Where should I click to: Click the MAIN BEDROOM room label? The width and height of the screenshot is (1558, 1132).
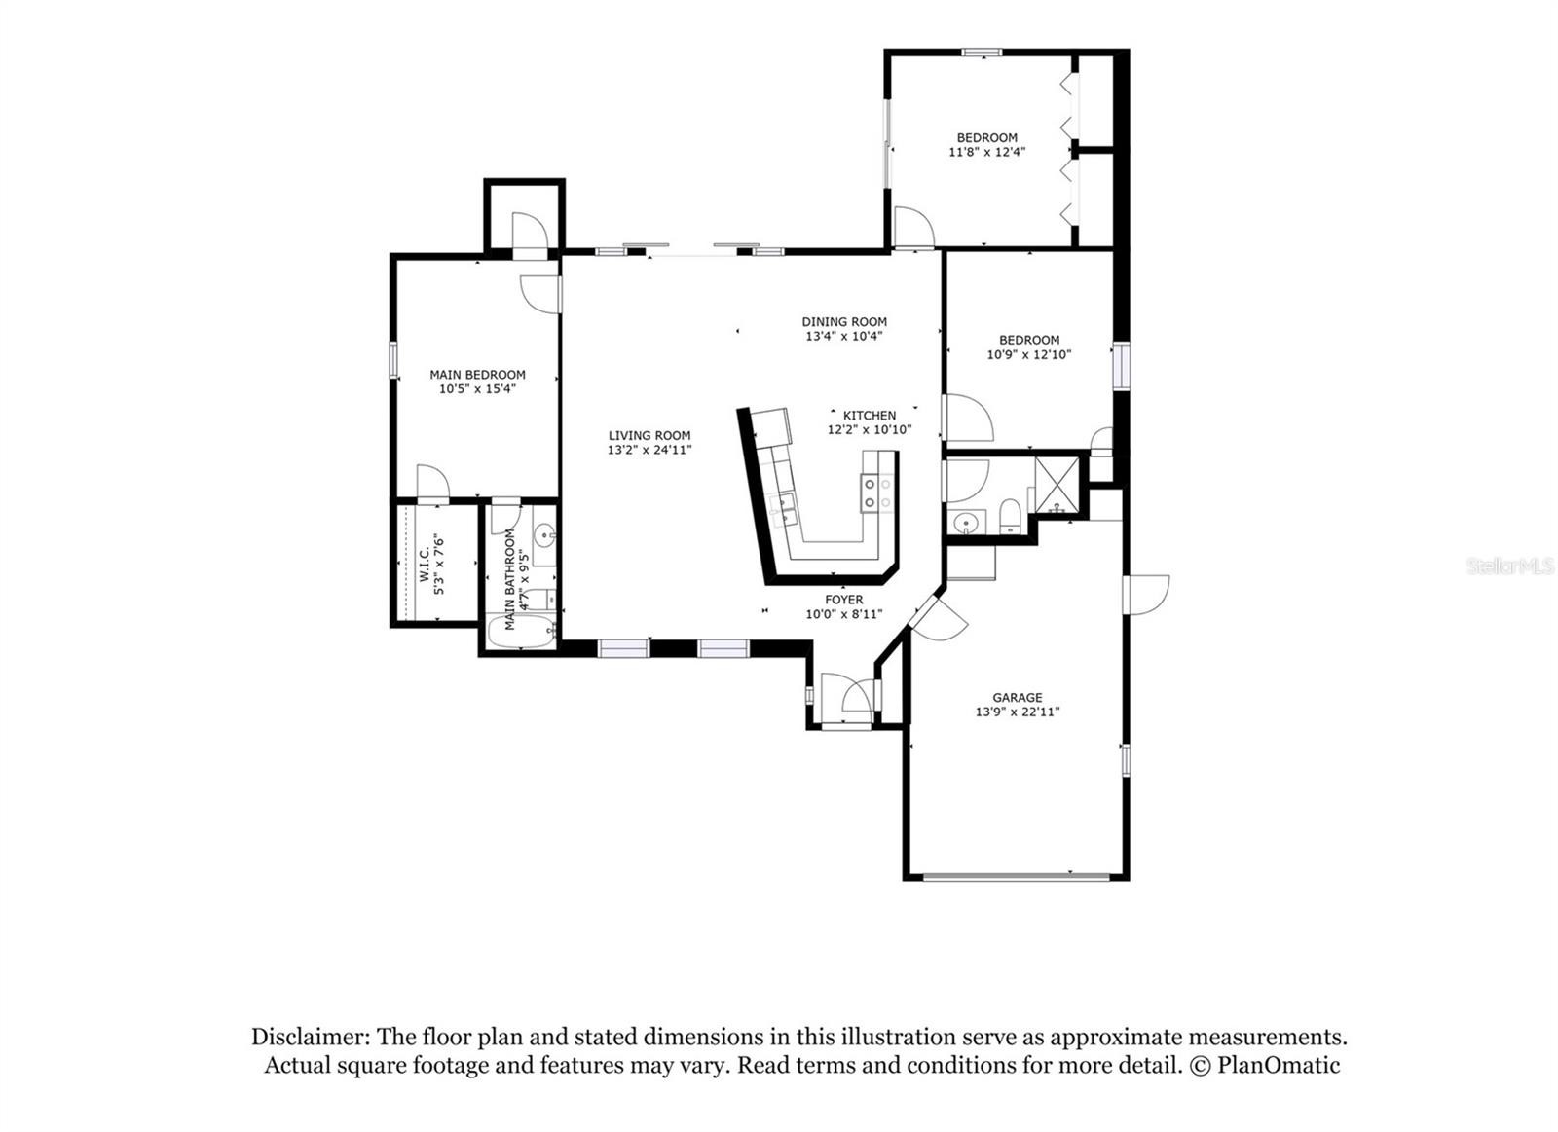(x=477, y=375)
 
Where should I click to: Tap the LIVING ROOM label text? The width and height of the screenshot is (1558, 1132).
(x=649, y=436)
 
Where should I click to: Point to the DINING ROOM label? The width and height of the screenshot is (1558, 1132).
(x=844, y=322)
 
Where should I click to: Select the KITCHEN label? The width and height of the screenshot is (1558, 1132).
(x=870, y=416)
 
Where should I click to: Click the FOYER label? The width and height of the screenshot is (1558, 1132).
(x=844, y=600)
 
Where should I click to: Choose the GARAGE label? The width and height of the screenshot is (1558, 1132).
(x=1017, y=698)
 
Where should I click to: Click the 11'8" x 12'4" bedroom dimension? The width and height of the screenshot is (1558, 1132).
(x=987, y=152)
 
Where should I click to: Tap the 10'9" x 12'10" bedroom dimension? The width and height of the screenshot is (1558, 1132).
(x=1028, y=354)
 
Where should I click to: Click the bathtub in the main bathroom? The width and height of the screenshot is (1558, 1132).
(x=522, y=631)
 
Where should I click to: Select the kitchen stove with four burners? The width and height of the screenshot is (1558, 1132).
(x=876, y=493)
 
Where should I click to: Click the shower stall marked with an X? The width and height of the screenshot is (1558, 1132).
(x=1057, y=484)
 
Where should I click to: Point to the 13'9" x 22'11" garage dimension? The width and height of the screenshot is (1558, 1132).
(x=1017, y=712)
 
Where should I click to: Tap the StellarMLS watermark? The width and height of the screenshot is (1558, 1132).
(x=1509, y=566)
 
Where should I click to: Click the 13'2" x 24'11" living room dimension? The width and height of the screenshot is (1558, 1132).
(x=649, y=450)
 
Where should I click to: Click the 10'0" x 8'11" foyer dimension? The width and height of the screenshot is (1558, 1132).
(x=844, y=614)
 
